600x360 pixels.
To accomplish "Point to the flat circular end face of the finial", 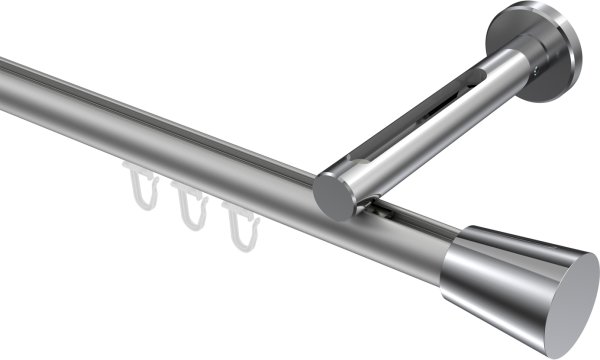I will [x=569, y=291].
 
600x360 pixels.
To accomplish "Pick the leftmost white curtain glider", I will [x=140, y=189].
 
